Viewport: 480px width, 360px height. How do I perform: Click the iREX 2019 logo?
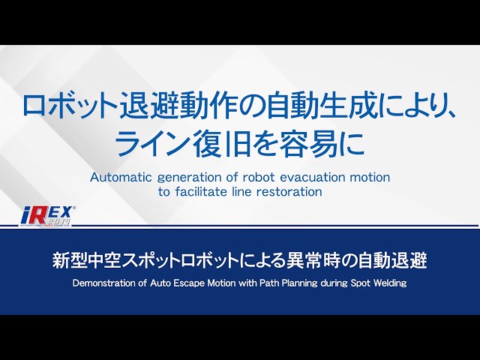pyautogui.click(x=47, y=216)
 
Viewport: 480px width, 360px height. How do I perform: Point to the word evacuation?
pyautogui.click(x=313, y=178)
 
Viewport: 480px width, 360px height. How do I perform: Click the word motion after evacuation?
pyautogui.click(x=370, y=178)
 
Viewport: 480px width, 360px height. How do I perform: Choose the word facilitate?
pyautogui.click(x=203, y=192)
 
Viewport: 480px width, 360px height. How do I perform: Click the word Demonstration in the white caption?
pyautogui.click(x=105, y=283)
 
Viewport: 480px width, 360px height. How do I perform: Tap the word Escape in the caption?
pyautogui.click(x=188, y=283)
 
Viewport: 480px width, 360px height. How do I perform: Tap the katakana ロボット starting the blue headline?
pyautogui.click(x=70, y=106)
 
